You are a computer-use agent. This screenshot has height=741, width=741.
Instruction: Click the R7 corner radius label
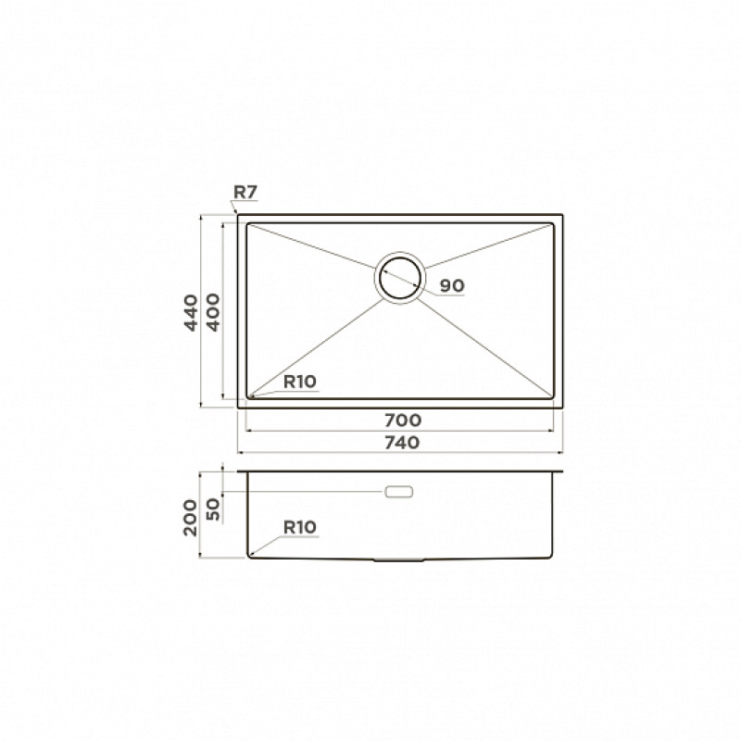pyautogui.click(x=245, y=192)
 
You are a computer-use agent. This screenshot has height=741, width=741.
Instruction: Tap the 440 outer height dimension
pyautogui.click(x=191, y=312)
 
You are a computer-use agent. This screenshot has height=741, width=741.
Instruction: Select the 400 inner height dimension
pyautogui.click(x=214, y=312)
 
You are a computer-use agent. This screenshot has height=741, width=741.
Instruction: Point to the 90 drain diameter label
pyautogui.click(x=452, y=285)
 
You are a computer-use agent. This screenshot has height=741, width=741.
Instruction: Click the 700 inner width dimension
pyautogui.click(x=403, y=420)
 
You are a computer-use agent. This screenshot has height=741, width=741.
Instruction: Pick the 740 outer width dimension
pyautogui.click(x=402, y=443)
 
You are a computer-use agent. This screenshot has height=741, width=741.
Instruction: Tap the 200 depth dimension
pyautogui.click(x=190, y=518)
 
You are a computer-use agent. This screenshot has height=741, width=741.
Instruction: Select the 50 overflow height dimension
pyautogui.click(x=214, y=509)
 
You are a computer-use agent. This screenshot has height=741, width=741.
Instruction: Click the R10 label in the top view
pyautogui.click(x=299, y=382)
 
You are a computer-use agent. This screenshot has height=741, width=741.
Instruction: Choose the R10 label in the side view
pyautogui.click(x=299, y=527)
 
